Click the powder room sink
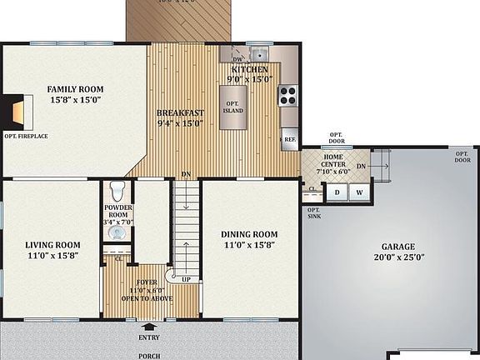click(117, 232)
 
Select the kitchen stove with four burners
click(288, 95)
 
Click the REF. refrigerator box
click(289, 140)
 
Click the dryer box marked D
click(337, 192)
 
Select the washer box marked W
click(359, 192)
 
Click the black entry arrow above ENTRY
click(150, 327)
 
